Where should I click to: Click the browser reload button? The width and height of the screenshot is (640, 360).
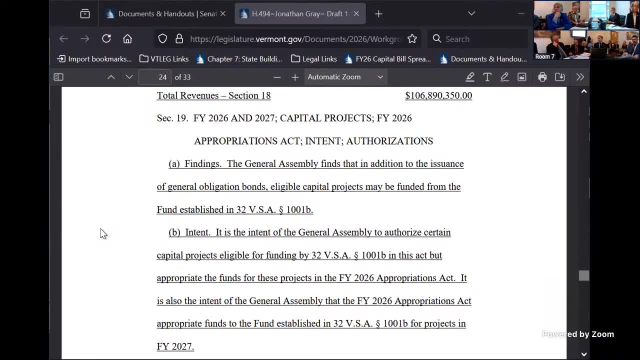(106, 38)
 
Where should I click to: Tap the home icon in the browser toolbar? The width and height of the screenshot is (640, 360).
(127, 38)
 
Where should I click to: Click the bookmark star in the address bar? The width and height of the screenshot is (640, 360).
(412, 38)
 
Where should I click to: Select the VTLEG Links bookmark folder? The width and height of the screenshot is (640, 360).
(164, 59)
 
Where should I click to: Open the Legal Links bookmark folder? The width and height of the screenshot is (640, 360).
(314, 59)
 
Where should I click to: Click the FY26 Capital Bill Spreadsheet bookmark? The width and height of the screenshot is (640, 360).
(387, 59)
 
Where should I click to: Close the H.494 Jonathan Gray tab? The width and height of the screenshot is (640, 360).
(356, 13)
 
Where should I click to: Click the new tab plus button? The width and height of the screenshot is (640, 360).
(378, 13)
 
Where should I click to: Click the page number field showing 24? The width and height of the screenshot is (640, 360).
(155, 77)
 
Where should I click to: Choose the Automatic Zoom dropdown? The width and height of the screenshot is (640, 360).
(345, 77)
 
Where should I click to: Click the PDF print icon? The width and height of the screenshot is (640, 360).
(542, 77)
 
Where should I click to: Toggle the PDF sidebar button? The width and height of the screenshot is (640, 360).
(58, 77)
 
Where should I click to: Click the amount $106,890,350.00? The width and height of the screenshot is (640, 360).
(438, 95)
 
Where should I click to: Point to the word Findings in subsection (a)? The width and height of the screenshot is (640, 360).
(202, 164)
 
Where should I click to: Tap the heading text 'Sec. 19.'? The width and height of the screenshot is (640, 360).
(172, 118)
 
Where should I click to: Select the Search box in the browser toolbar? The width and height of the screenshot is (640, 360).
(477, 38)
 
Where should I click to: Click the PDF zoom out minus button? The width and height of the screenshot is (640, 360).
(277, 77)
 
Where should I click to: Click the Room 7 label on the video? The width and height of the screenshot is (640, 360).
(544, 56)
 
